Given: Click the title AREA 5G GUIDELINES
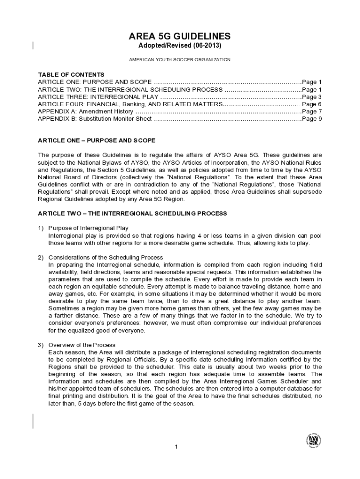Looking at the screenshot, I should (x=180, y=36).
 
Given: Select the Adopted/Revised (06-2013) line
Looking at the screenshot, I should (x=180, y=46).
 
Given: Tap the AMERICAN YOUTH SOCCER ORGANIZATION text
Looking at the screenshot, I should (x=180, y=60).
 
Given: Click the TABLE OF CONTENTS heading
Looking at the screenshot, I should (x=71, y=74).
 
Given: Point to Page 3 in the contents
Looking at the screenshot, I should (x=312, y=97).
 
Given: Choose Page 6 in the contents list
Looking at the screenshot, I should (x=312, y=104).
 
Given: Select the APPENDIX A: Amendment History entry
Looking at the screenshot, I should (x=85, y=112).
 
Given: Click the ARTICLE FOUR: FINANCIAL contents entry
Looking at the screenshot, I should (x=129, y=104).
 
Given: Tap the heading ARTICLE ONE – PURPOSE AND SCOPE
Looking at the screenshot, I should (x=96, y=140).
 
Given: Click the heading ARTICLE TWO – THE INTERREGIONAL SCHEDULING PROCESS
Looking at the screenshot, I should (x=132, y=213).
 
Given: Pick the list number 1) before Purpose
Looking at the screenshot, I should (x=41, y=228).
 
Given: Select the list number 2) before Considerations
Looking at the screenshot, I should (x=41, y=257).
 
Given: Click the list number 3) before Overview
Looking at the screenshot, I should (x=41, y=345).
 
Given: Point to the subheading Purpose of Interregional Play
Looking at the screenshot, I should (x=88, y=228).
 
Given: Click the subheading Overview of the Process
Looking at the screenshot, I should (x=82, y=345).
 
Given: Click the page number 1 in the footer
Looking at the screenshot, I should (x=176, y=447).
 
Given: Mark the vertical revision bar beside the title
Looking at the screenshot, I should (x=33, y=45).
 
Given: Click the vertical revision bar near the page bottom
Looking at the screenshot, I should (x=33, y=421).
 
